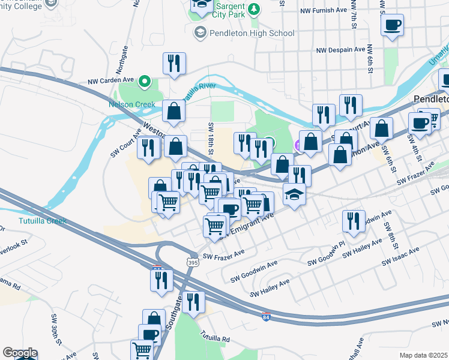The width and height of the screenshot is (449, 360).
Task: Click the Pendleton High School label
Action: pos(252,33)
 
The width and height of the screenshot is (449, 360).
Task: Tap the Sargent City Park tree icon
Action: pos(255,9)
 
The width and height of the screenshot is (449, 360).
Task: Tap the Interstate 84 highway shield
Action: pos(265,316)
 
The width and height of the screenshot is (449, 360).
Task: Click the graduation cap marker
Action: pos(294,195)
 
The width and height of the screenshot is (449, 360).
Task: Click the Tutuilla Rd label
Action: pos(215,338)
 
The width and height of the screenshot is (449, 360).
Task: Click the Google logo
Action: pos(19,353)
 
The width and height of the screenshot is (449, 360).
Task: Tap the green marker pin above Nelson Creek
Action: pos(144,80)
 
